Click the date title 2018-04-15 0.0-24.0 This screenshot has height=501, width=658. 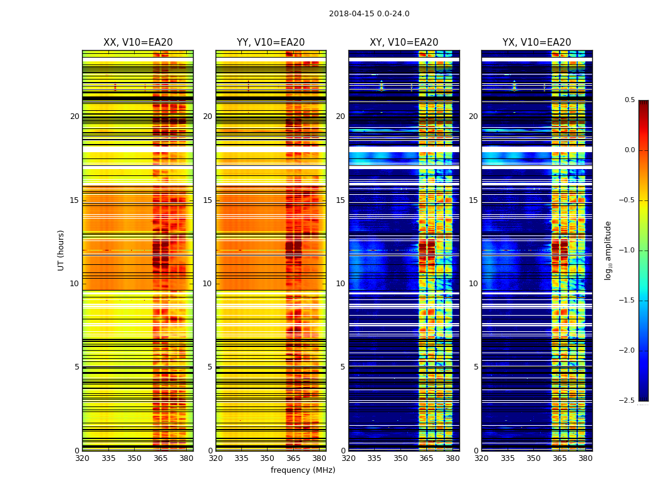369,14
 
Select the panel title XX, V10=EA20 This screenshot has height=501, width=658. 138,43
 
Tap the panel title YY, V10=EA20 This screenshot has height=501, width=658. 271,43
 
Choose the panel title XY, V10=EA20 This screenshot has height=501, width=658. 404,43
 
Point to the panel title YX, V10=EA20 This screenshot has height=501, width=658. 536,43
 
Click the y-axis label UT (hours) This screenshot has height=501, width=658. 61,250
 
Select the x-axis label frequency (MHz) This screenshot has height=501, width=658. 303,470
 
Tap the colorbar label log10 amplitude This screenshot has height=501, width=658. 607,250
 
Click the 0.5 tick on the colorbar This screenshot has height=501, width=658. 629,100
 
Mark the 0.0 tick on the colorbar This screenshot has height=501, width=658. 629,150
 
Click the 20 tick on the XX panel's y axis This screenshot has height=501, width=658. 75,116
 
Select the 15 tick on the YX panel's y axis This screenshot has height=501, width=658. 474,200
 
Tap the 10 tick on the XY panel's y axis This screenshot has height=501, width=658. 341,284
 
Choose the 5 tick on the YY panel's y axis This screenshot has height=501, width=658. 210,367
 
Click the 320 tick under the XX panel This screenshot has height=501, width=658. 82,458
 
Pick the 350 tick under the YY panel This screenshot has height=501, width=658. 268,458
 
